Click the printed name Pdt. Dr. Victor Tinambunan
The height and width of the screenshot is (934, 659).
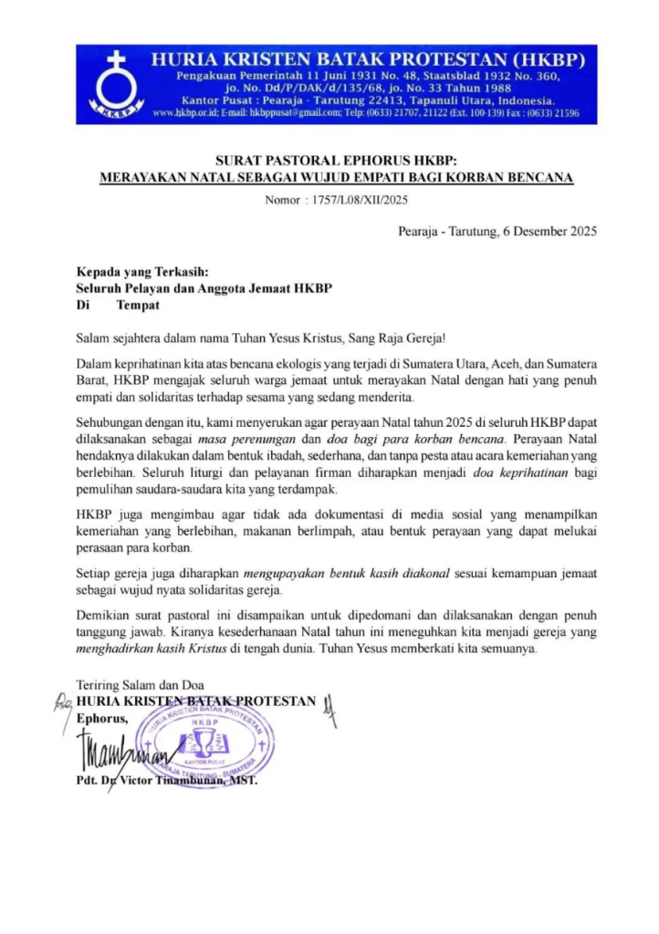tap(166, 782)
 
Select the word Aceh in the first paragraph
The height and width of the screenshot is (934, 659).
tap(497, 365)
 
